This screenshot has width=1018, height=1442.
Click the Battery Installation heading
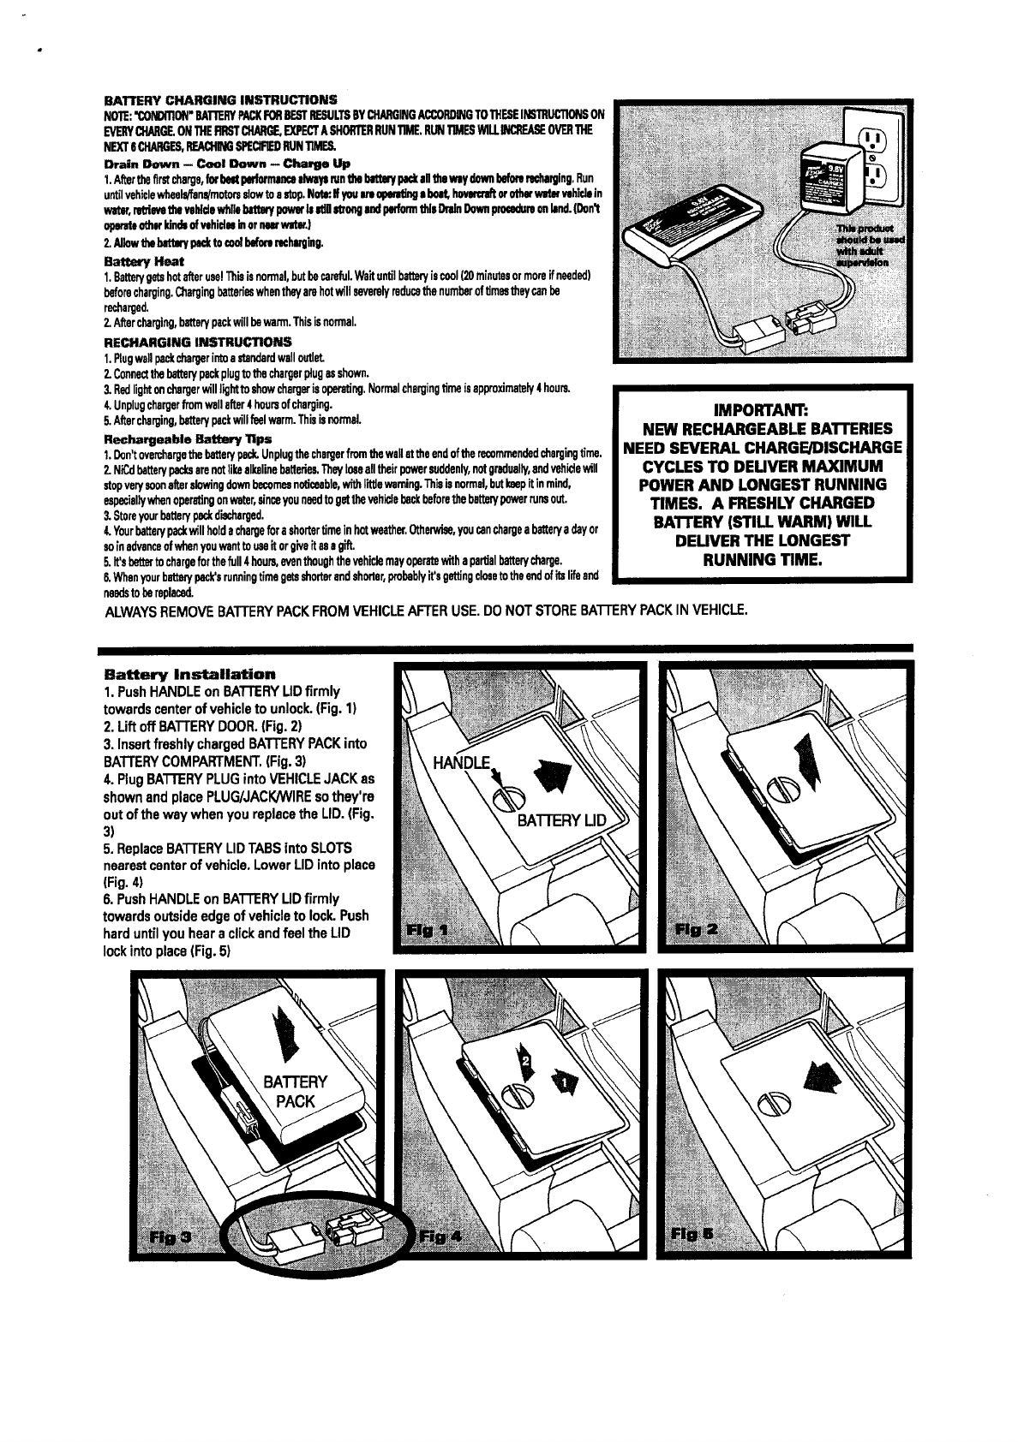pyautogui.click(x=189, y=674)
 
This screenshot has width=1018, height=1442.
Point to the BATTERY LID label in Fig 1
pyautogui.click(x=560, y=821)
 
